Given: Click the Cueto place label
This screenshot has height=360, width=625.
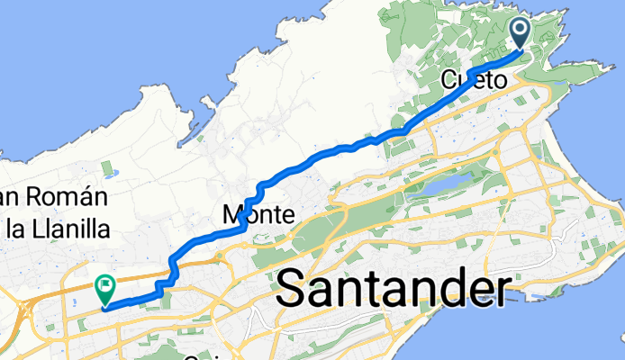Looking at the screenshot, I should [474, 80].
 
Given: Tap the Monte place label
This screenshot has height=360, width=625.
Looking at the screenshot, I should [258, 216].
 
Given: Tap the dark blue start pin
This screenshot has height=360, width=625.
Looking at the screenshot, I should [522, 32].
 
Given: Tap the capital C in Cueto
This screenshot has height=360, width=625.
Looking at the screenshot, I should [449, 80].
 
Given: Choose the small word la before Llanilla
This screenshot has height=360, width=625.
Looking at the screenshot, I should [16, 229].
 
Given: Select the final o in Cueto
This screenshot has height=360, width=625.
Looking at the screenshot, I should [499, 80].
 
